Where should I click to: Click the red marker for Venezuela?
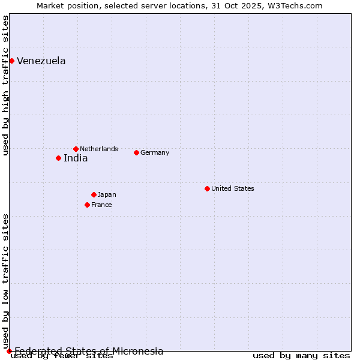point(11,61)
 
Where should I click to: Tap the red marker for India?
point(58,158)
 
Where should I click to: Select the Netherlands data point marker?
point(76,149)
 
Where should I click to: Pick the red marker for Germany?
point(136,152)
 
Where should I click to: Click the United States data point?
point(207,188)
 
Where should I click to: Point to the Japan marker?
point(94,194)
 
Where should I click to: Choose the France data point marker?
point(87,205)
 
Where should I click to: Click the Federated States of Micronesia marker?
point(9,351)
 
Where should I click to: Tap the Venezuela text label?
point(41,61)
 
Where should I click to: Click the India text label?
point(76,158)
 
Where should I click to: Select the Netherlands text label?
point(99,149)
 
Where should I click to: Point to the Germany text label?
point(155,152)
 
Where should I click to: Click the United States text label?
point(233,188)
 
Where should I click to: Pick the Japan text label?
point(107,194)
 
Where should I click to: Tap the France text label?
point(101,205)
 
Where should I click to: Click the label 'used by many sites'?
point(301,356)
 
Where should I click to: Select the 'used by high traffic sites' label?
point(5,85)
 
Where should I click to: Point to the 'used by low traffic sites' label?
point(5,281)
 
